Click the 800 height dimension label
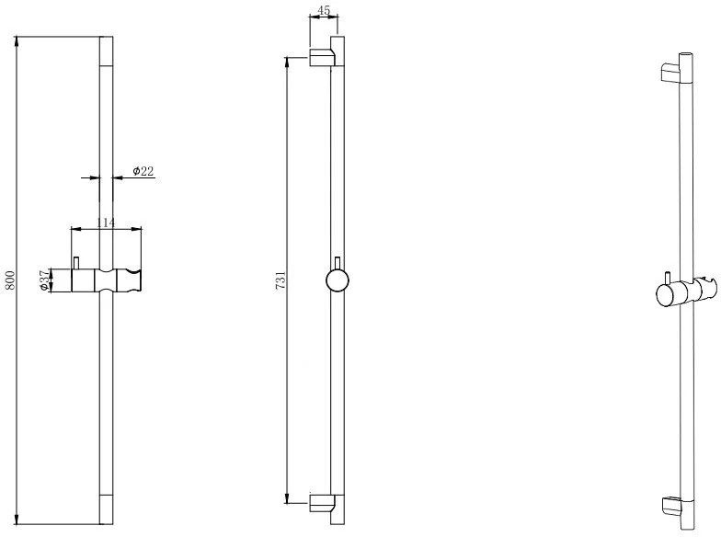coord(10,280)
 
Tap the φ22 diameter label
coord(143,171)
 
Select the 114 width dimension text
coord(106,223)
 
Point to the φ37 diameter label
coord(44,280)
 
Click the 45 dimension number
coord(324,10)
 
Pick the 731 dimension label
coord(280,280)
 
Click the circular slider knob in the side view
coord(337,280)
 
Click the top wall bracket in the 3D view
coord(669,73)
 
